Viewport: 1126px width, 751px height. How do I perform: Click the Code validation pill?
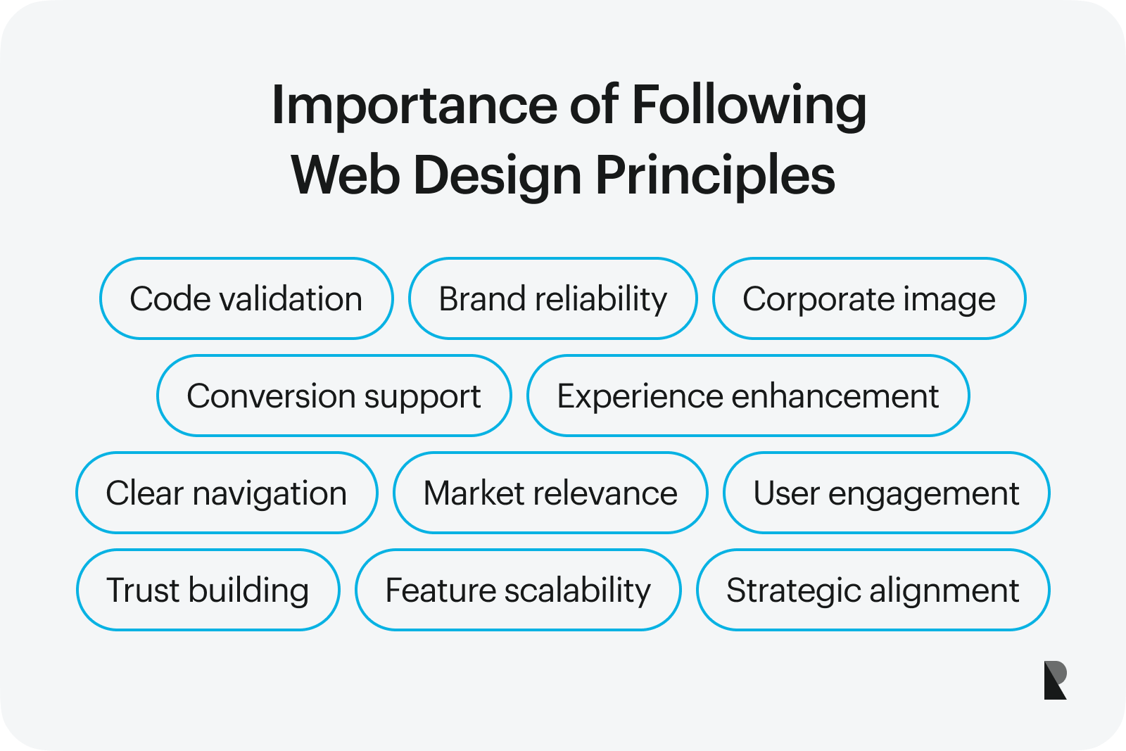(x=246, y=298)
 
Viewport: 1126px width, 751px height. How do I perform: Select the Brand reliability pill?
(x=553, y=298)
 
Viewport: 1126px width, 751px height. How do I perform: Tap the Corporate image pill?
(x=869, y=298)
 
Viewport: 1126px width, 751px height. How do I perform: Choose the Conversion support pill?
(x=334, y=396)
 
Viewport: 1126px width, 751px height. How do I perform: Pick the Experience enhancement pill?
(x=748, y=396)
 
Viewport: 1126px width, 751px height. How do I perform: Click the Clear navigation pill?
(x=227, y=493)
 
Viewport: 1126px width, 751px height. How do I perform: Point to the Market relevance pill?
(x=550, y=493)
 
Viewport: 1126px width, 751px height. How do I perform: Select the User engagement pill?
(x=886, y=493)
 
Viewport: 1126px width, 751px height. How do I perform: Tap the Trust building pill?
(x=208, y=590)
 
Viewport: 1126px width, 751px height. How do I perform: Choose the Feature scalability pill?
(x=518, y=590)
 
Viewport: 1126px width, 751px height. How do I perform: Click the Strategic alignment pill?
(x=873, y=590)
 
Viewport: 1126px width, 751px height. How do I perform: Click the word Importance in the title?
(x=415, y=106)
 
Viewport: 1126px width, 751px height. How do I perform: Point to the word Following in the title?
(x=749, y=106)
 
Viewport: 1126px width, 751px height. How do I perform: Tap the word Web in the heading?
(x=346, y=175)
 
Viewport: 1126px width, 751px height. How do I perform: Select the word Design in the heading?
(x=498, y=177)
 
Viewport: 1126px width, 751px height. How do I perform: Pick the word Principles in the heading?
(x=715, y=177)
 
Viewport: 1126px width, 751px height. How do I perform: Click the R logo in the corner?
(x=1055, y=680)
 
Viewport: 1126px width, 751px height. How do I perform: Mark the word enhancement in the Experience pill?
(x=835, y=396)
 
